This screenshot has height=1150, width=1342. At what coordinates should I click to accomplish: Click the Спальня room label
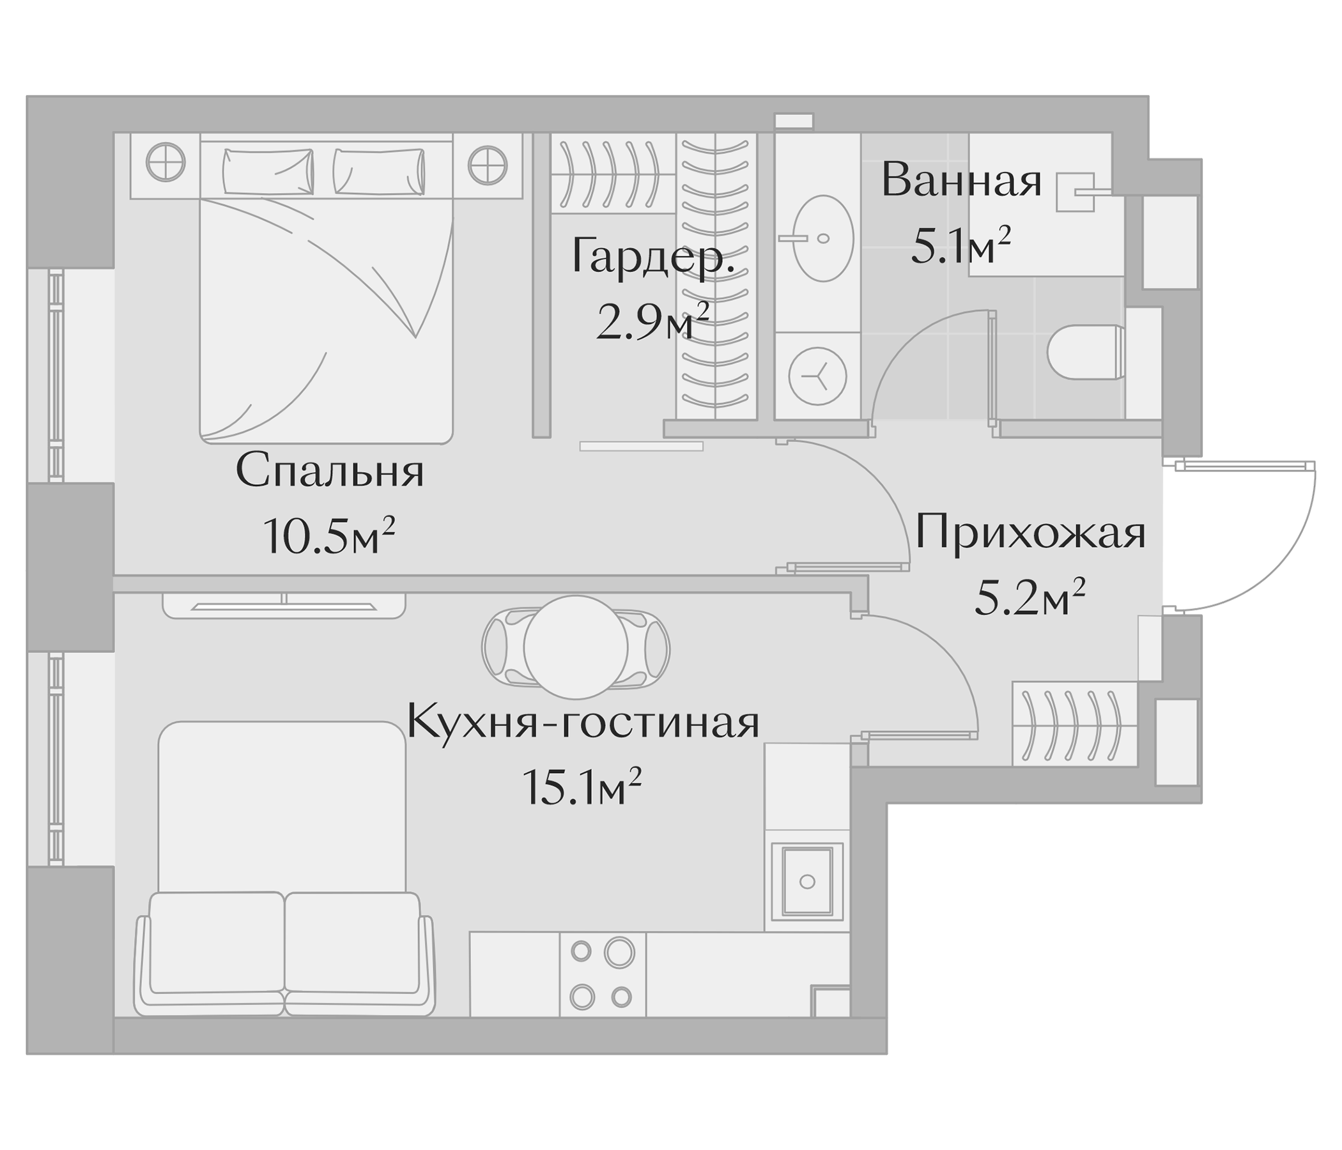pyautogui.click(x=330, y=471)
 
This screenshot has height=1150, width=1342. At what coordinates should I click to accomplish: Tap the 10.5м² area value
pyautogui.click(x=328, y=536)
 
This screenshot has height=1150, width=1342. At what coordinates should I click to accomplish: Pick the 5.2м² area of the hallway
pyautogui.click(x=1029, y=597)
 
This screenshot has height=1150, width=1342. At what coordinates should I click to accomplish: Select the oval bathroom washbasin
pyautogui.click(x=822, y=238)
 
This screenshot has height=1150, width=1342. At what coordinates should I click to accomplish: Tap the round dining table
pyautogui.click(x=576, y=648)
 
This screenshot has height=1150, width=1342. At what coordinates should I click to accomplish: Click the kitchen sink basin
pyautogui.click(x=806, y=881)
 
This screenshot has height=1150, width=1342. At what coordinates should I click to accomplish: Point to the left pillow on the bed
pyautogui.click(x=268, y=171)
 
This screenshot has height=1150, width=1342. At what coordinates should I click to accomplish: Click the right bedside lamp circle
pyautogui.click(x=487, y=164)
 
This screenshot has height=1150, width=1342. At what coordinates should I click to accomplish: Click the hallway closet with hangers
pyautogui.click(x=1074, y=724)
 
